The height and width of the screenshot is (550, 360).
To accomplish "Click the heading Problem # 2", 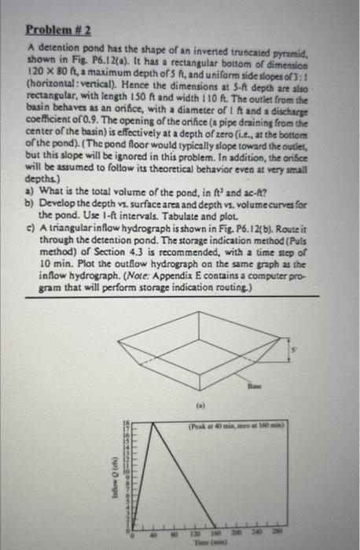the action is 57,31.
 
